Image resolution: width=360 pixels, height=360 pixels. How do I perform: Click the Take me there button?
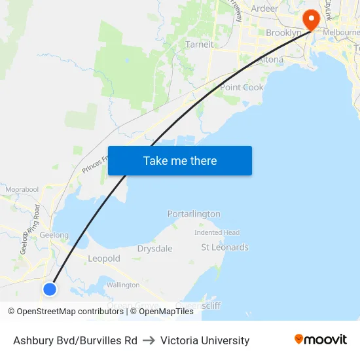(180, 161)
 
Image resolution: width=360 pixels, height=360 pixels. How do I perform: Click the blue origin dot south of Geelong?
(49, 288)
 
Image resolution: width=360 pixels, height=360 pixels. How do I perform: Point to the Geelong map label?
(54, 235)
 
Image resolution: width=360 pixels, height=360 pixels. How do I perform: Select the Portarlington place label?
(194, 214)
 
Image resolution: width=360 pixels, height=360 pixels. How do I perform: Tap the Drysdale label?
(155, 249)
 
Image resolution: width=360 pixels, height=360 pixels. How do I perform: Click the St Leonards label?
(225, 247)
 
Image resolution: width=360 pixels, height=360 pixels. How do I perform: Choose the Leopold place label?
(104, 259)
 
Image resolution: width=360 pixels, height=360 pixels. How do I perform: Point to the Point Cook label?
(242, 87)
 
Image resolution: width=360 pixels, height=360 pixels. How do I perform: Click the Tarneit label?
(200, 45)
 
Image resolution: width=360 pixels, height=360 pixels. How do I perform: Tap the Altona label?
(270, 60)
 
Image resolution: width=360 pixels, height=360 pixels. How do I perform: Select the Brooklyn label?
(283, 33)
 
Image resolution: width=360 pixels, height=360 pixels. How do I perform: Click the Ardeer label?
(264, 9)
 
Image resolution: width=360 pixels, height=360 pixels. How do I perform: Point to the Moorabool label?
(23, 189)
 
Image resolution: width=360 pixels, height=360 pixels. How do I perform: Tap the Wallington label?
(123, 285)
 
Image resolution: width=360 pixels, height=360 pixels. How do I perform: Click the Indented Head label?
(217, 232)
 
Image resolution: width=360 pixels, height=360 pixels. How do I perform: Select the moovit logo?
(320, 339)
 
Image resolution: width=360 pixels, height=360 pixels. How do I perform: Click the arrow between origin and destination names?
(149, 340)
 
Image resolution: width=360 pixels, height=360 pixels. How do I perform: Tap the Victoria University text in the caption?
(205, 340)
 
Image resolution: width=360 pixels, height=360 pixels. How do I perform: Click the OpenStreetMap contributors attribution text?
(69, 312)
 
